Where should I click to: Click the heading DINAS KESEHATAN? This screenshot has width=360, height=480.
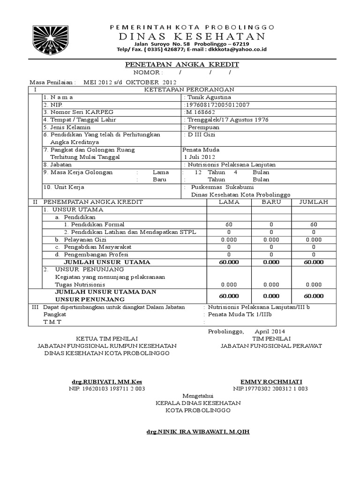coord(192,37)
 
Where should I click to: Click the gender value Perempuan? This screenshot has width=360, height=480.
coord(204,127)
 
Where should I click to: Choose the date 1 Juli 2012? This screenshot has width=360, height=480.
coord(200,157)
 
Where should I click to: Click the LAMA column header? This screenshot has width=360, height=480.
coord(229,202)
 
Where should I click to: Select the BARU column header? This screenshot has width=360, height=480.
coord(271,202)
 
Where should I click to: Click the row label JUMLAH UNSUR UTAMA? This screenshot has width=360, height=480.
coord(107,262)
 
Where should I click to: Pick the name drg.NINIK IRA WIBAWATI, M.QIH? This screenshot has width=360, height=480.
coord(198,431)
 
